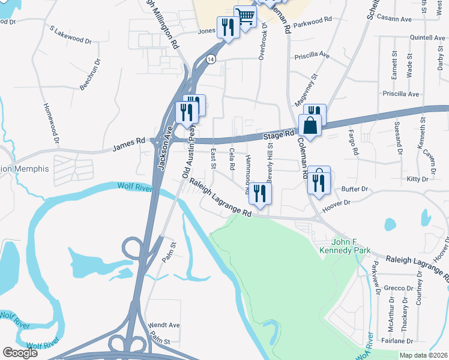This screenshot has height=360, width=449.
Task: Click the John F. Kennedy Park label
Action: [351, 246]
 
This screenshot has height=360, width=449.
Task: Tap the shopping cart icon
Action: [245, 17]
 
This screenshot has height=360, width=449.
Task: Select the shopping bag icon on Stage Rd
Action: [310, 126]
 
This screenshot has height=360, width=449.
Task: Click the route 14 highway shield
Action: [211, 59]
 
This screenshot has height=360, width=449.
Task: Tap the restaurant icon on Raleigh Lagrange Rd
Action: [260, 193]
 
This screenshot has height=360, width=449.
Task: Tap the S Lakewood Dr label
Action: [70, 35]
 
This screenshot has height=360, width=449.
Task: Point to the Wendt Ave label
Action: [163, 325]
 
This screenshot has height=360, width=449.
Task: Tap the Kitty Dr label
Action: [417, 179]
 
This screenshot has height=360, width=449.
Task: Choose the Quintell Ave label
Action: [427, 37]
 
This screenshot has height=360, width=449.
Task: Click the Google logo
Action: [20, 353]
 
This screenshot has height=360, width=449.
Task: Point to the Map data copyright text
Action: [423, 355]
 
